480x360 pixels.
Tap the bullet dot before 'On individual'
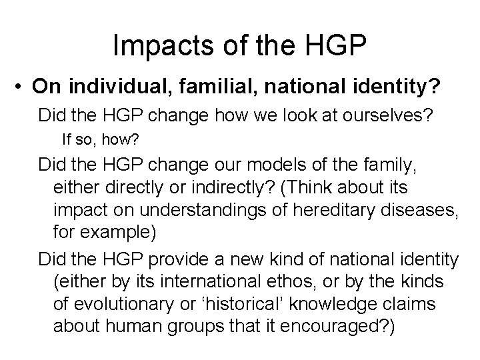(x=22, y=86)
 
